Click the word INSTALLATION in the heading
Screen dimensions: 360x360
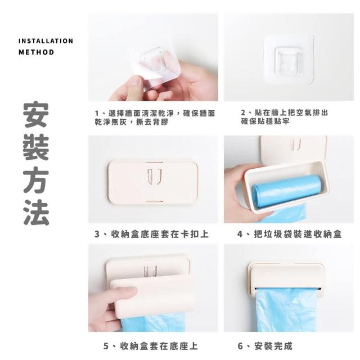click(x=46, y=41)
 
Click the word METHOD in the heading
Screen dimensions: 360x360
click(x=36, y=52)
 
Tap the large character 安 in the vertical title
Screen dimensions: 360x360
click(x=36, y=114)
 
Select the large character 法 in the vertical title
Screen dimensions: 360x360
click(x=36, y=213)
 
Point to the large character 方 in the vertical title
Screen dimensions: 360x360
click(x=36, y=179)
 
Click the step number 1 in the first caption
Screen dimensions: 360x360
click(x=97, y=113)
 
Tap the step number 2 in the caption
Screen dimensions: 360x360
click(x=243, y=112)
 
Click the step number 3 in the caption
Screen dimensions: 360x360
click(x=97, y=234)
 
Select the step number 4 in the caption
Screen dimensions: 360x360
click(x=240, y=234)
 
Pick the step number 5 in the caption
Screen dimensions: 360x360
click(x=106, y=346)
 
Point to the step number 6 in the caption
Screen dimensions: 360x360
click(x=240, y=346)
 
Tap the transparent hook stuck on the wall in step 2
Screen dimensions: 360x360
click(x=289, y=61)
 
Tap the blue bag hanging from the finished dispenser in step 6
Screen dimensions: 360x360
click(x=286, y=309)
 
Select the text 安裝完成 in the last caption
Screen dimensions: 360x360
click(x=273, y=346)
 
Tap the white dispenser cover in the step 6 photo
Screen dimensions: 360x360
click(x=287, y=276)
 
